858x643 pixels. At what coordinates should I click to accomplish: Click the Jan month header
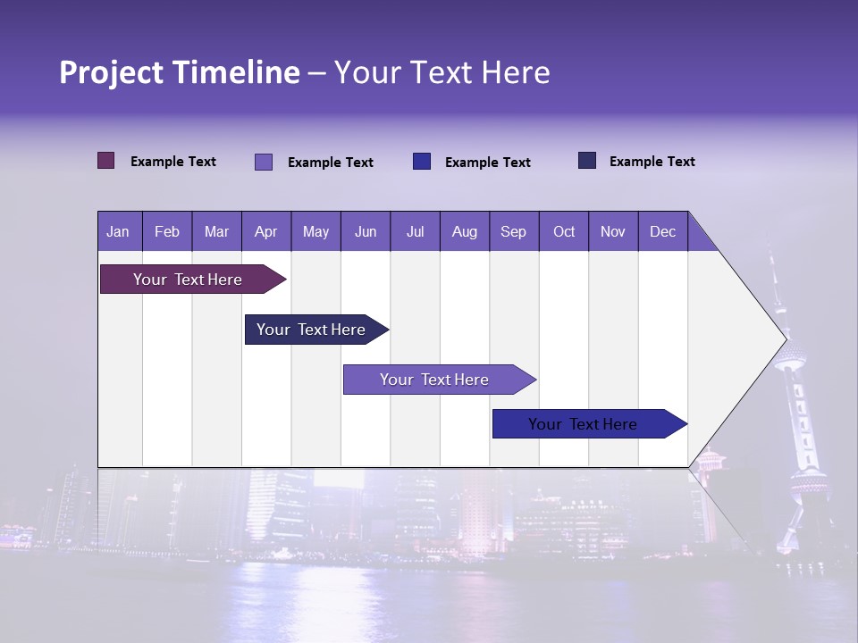[119, 231]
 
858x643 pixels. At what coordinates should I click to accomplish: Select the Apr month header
[265, 231]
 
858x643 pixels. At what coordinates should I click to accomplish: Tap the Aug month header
[464, 231]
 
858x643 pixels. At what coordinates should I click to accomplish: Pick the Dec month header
[662, 231]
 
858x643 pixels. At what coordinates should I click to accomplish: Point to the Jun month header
[365, 231]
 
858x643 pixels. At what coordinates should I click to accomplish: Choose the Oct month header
[563, 231]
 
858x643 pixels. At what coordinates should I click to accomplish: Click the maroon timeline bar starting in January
[188, 280]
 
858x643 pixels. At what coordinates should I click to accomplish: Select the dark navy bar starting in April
[311, 330]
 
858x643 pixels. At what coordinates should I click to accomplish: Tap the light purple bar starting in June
[434, 380]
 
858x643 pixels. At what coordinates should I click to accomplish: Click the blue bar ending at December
[583, 424]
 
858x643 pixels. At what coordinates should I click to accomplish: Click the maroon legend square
[106, 161]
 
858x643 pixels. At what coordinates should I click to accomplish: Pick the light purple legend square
[264, 162]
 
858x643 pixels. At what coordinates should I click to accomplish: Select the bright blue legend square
[422, 162]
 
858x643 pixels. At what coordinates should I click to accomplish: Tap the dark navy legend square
[587, 161]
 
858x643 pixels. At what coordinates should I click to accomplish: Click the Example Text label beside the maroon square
[173, 162]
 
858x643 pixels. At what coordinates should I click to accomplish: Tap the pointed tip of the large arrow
[785, 338]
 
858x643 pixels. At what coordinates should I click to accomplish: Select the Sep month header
[513, 231]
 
